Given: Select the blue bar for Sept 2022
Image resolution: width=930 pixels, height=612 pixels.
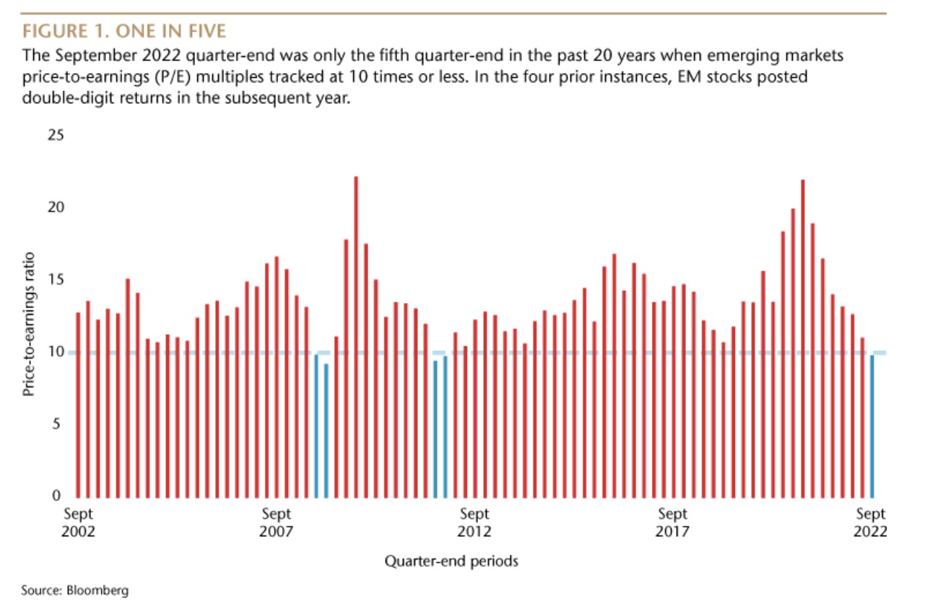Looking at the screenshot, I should (x=872, y=426).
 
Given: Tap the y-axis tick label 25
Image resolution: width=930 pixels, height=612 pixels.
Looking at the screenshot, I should (x=56, y=135).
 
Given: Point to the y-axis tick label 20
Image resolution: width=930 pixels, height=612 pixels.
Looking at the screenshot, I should (x=56, y=207).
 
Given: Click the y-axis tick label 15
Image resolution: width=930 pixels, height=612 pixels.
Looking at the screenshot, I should (x=56, y=279).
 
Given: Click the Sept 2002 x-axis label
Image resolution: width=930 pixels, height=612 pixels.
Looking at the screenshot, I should (x=78, y=523).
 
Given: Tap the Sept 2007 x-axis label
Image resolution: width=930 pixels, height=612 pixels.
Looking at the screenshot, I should (x=277, y=523).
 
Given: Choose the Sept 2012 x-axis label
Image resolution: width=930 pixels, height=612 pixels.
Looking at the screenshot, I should (x=474, y=523).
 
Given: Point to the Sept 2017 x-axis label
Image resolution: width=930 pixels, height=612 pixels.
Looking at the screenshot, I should (x=673, y=523).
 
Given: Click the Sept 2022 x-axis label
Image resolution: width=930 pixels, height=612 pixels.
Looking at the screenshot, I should (x=871, y=523).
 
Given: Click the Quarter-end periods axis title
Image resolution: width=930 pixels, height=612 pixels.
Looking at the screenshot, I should (x=451, y=561).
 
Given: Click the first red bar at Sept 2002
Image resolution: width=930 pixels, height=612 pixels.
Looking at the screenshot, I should (x=78, y=405).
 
